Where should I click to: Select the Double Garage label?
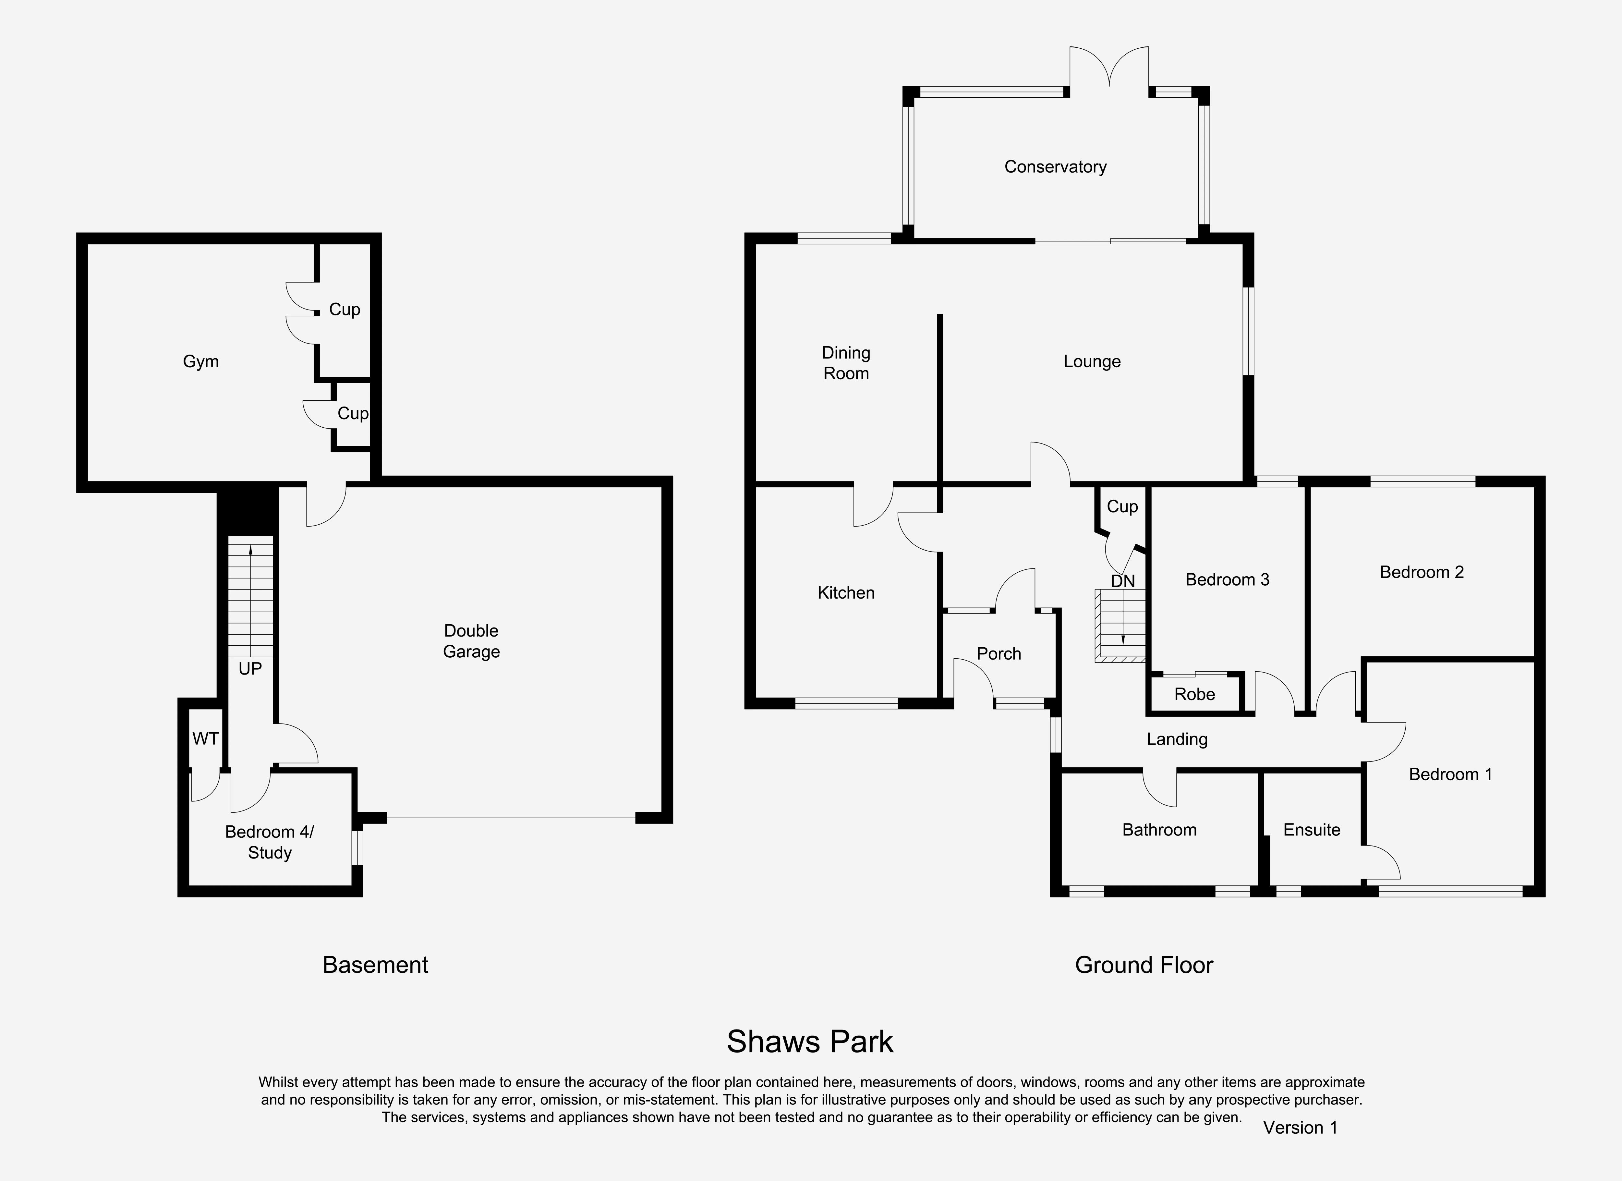[x=471, y=641]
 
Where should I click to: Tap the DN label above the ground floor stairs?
[x=1123, y=581]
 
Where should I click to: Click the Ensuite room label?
[x=1312, y=830]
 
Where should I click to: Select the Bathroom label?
[x=1159, y=830]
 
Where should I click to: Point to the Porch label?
[x=999, y=654]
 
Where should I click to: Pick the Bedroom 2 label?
[x=1422, y=572]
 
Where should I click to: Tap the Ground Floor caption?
[x=1144, y=965]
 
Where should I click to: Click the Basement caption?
[x=375, y=965]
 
